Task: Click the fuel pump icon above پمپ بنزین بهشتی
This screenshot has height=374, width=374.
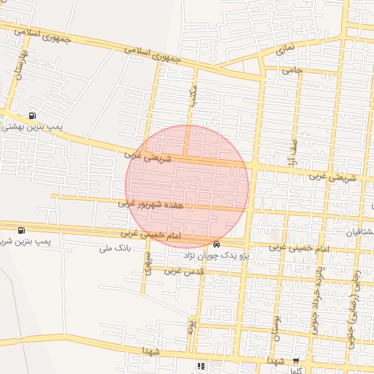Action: coord(32,115)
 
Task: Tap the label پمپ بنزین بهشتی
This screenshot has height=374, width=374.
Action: coord(32,126)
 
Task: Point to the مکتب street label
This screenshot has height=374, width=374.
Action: coord(193,96)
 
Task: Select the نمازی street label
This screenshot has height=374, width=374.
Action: coord(286,50)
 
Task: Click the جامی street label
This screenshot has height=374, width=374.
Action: coord(292,70)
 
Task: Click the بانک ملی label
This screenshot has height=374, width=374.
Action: coord(113,248)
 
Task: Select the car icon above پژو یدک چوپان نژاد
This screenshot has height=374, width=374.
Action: coord(216,243)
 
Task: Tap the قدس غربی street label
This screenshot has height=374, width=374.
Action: coord(183,270)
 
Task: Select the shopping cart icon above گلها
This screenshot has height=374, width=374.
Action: coord(296,361)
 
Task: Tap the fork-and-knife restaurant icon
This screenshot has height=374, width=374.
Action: coord(200,366)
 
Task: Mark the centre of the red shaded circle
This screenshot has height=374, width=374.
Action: coord(187,186)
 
